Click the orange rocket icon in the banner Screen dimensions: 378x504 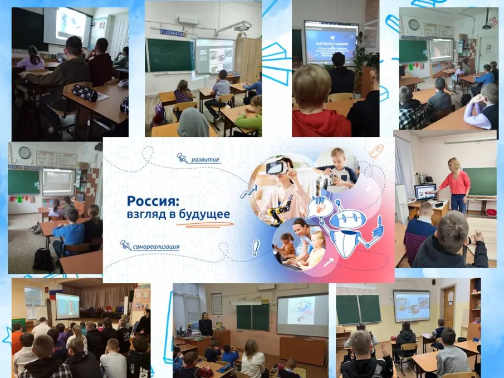376,151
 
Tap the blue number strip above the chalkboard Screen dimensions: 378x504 172,33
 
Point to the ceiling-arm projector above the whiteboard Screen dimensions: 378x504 241,26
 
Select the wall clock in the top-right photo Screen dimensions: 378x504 413,24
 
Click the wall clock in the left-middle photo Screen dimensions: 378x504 24,152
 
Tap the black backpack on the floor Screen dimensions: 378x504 42,259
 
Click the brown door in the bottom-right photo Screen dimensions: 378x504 448,306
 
